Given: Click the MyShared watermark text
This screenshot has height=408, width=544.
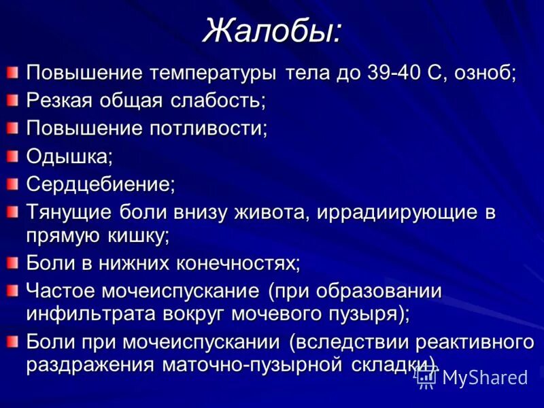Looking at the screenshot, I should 485,377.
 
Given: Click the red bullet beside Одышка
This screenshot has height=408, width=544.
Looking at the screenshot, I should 14,156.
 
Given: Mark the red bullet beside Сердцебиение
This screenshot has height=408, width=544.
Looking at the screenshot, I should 14,183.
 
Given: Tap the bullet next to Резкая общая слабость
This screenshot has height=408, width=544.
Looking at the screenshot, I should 14,100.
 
